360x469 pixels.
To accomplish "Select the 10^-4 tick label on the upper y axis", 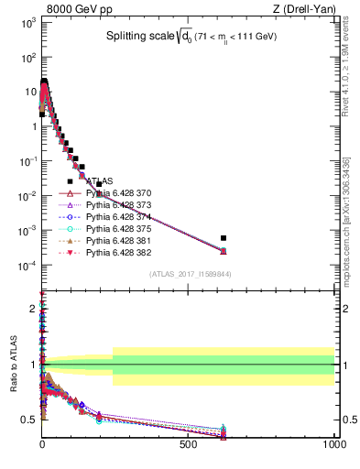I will click(27, 266).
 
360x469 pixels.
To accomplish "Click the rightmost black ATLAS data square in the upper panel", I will click(224, 237).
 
